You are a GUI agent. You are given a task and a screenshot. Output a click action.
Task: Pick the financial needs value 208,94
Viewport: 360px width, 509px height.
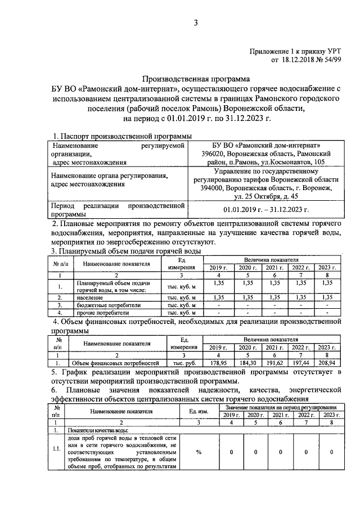coord(326,364)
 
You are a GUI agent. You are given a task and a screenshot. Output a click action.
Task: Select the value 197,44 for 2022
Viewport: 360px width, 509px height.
coord(301,364)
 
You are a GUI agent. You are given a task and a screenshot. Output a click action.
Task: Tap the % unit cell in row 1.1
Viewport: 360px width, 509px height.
coord(199,452)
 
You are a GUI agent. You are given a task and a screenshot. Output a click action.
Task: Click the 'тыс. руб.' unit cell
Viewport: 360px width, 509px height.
coord(183,364)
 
